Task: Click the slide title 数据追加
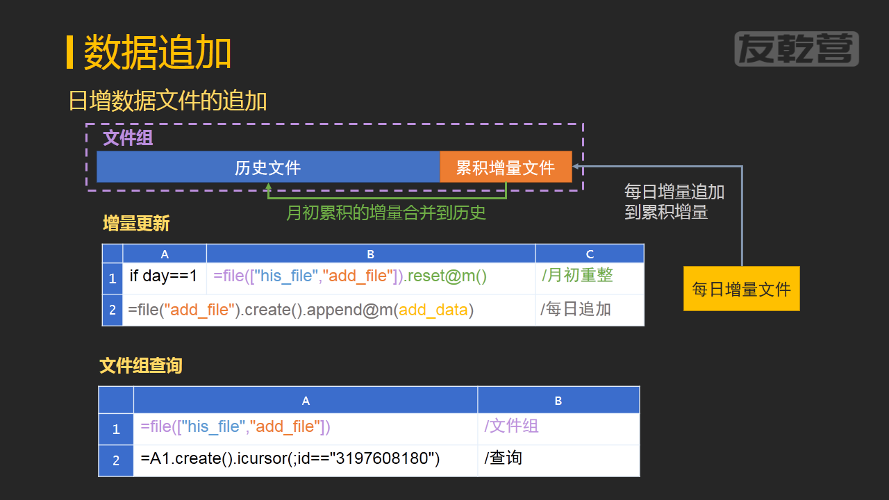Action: pos(158,53)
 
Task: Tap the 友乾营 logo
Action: pos(796,49)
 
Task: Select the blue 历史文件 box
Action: pos(268,167)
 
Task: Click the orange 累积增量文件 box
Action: pos(506,167)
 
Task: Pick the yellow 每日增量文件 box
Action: pos(741,289)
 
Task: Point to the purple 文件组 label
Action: pos(128,137)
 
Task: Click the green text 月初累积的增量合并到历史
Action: pos(386,212)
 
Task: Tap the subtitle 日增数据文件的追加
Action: pos(168,101)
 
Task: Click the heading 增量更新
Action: pos(136,224)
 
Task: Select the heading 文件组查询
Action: pos(141,365)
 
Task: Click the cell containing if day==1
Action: pos(164,276)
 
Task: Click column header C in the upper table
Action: pos(590,254)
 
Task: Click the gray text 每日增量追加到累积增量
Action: pos(674,201)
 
